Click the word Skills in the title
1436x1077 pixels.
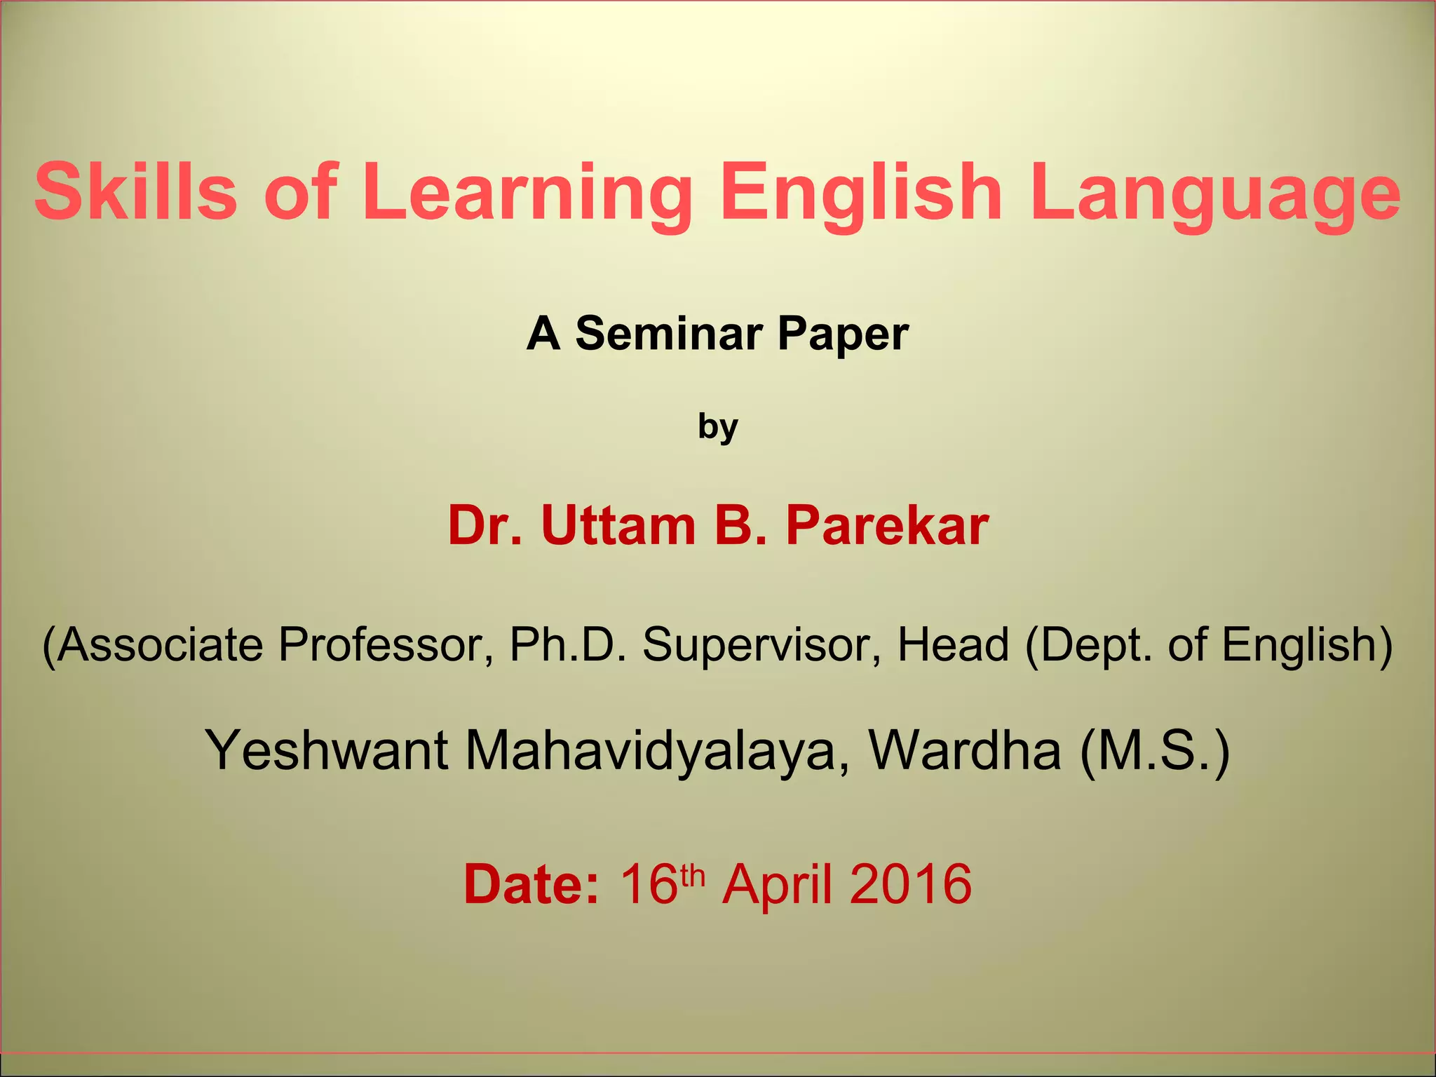tap(136, 191)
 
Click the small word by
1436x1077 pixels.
tap(718, 426)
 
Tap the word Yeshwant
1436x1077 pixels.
tap(326, 750)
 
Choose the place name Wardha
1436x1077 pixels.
tap(965, 750)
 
